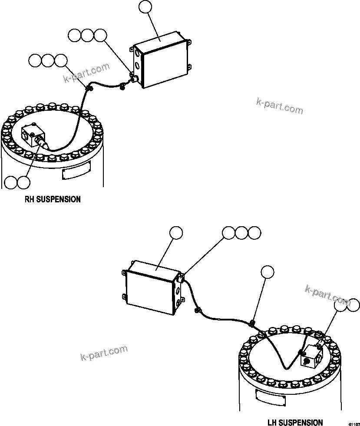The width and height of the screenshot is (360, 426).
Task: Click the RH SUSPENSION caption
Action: click(x=53, y=199)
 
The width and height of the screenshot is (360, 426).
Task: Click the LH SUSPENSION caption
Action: click(x=295, y=422)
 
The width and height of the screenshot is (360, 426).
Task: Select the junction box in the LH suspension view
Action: click(x=151, y=287)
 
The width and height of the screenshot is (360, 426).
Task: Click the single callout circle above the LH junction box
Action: click(x=176, y=233)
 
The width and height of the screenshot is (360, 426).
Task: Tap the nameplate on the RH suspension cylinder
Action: click(x=76, y=172)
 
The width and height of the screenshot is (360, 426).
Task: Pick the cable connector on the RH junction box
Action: click(x=134, y=78)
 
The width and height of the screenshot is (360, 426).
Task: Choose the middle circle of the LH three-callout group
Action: click(x=241, y=233)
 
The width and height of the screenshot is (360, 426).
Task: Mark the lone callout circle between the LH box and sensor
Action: click(x=268, y=272)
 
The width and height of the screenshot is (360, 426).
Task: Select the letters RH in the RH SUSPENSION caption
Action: click(x=29, y=199)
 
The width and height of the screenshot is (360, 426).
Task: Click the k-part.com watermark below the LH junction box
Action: click(x=104, y=352)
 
